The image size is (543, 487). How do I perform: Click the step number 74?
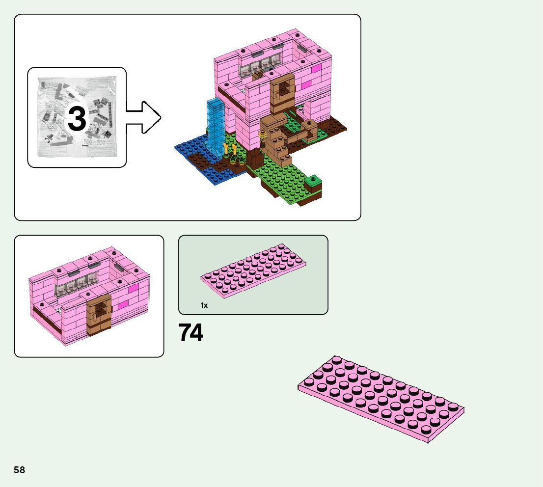coord(190,333)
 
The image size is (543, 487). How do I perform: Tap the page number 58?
coord(19,470)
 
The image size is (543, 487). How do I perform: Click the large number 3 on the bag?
coord(77,119)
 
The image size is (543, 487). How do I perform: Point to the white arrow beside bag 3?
coord(144,117)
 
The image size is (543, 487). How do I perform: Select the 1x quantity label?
coord(204,305)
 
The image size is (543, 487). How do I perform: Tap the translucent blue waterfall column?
coord(215,125)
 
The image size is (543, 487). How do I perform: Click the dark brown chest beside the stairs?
coord(255,159)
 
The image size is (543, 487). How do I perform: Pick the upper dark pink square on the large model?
coord(315,69)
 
